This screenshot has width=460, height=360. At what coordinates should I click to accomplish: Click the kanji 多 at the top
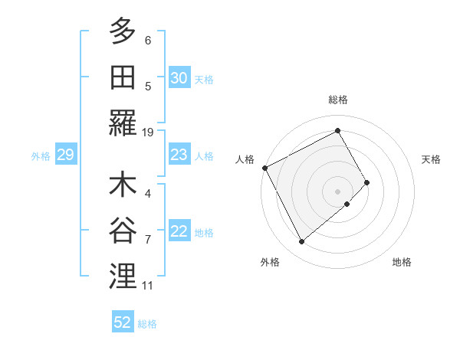(123, 31)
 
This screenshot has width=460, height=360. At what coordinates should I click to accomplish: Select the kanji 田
(123, 77)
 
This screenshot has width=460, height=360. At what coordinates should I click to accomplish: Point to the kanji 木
(123, 186)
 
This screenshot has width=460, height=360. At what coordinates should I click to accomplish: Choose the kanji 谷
(123, 231)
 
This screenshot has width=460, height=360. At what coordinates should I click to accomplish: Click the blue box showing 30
(179, 77)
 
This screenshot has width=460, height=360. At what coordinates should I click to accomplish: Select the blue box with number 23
(179, 155)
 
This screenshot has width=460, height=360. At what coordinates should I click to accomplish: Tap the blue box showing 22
(179, 231)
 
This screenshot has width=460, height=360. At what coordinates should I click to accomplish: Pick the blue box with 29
(65, 155)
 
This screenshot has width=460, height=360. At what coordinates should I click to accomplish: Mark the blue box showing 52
(123, 322)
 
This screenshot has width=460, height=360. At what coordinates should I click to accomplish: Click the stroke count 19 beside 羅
(148, 132)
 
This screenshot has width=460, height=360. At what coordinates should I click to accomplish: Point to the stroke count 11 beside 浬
(148, 286)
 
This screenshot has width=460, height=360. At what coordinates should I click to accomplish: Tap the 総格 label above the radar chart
(337, 100)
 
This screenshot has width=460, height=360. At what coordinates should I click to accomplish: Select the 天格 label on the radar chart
(431, 159)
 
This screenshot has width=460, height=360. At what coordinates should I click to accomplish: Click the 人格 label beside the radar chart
(245, 159)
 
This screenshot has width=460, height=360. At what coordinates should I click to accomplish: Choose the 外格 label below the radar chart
(270, 262)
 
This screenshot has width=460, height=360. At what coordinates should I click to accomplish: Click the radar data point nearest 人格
(264, 168)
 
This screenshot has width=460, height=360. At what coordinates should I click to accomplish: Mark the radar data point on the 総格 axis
(337, 131)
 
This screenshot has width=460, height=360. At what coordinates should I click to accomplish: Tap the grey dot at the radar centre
(337, 190)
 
